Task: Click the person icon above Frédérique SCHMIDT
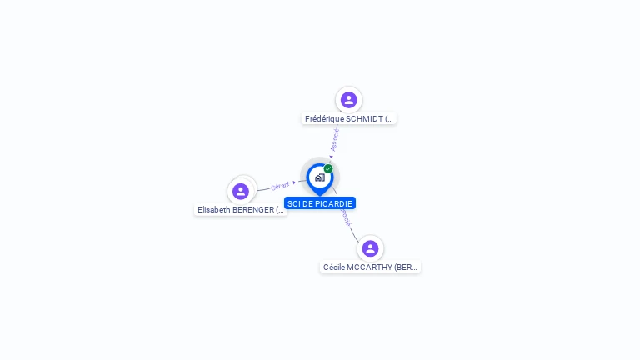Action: [x=349, y=100]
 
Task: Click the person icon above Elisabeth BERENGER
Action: [x=241, y=191]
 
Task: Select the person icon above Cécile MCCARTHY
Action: [x=371, y=248]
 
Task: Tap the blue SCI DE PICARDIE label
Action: [x=320, y=203]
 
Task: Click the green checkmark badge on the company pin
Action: [x=328, y=169]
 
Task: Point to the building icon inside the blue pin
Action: [x=319, y=177]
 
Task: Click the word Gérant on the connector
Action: [x=280, y=186]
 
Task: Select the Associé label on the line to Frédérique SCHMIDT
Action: [x=334, y=139]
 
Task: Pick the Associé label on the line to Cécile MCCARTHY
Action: [x=345, y=218]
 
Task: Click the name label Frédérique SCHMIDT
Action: [x=349, y=119]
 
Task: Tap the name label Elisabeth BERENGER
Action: [x=241, y=210]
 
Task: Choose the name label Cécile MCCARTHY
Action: [x=371, y=267]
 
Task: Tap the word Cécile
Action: [x=333, y=267]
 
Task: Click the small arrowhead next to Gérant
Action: [x=294, y=182]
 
